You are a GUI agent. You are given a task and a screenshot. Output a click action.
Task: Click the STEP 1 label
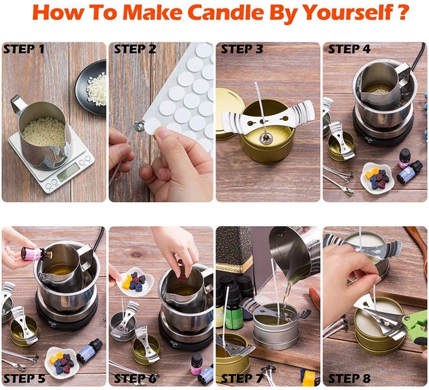click(24, 49)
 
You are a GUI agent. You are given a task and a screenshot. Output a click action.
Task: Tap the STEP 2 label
click(135, 49)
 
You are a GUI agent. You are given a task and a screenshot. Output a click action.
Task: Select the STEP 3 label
click(241, 49)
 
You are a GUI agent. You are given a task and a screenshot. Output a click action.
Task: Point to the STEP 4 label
click(349, 49)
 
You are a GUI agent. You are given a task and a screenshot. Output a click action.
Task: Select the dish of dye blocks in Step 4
click(376, 176)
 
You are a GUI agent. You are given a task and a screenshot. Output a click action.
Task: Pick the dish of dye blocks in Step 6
click(136, 281)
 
